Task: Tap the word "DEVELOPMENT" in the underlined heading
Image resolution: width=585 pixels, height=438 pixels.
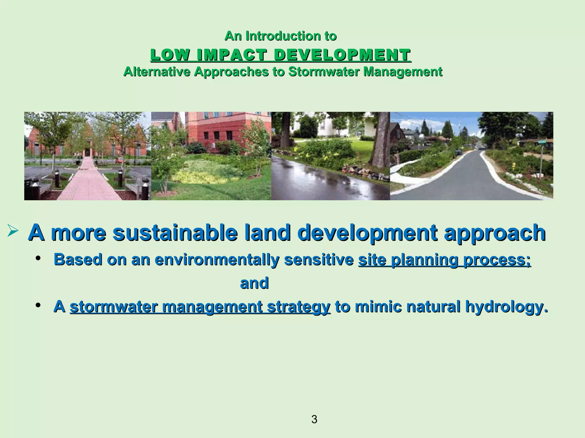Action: [342, 55]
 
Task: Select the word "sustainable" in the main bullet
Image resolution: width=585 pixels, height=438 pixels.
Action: [175, 233]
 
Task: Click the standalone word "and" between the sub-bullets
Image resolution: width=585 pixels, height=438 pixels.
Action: [254, 283]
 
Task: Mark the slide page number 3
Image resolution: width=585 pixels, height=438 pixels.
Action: [314, 419]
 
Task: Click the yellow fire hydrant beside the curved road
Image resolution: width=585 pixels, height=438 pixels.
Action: [513, 165]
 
